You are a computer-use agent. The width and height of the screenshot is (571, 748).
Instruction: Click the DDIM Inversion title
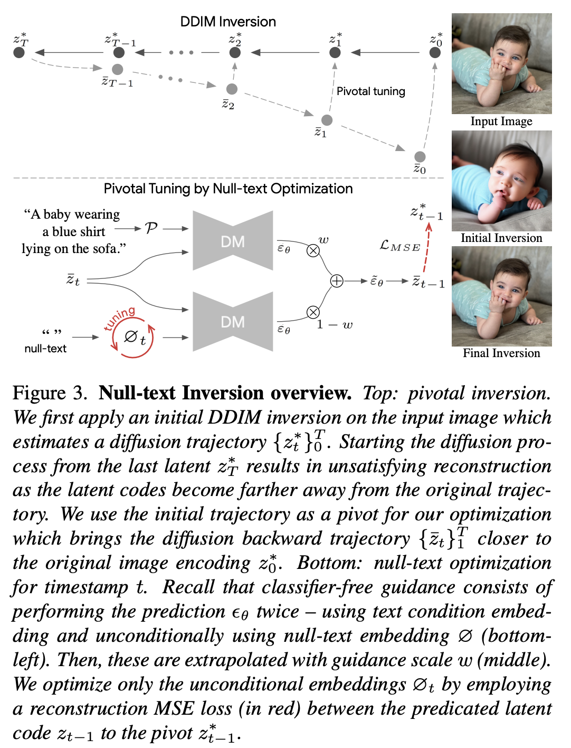228,22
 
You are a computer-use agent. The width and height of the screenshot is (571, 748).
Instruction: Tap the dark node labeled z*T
19,52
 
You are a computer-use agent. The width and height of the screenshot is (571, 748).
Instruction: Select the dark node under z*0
435,52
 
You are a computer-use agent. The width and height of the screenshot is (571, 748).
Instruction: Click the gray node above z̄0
420,156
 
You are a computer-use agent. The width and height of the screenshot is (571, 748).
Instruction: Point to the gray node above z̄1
327,120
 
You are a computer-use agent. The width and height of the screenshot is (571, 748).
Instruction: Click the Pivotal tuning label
370,91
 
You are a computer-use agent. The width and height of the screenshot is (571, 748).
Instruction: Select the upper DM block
233,241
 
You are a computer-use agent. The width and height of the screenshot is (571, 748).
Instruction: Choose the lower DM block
233,322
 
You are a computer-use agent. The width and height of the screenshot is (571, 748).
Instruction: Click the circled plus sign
337,281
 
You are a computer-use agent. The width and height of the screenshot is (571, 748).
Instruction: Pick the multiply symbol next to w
313,250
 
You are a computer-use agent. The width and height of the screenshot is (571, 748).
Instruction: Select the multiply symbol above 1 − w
313,312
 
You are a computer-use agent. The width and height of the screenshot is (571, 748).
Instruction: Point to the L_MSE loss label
400,246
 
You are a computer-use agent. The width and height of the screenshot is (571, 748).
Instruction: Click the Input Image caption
501,121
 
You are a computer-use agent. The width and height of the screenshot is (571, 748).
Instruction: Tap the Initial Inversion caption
501,238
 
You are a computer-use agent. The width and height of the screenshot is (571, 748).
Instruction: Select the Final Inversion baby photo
501,296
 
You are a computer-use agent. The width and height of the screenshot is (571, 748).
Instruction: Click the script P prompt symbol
151,228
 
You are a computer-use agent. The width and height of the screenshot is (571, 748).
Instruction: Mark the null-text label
45,349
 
